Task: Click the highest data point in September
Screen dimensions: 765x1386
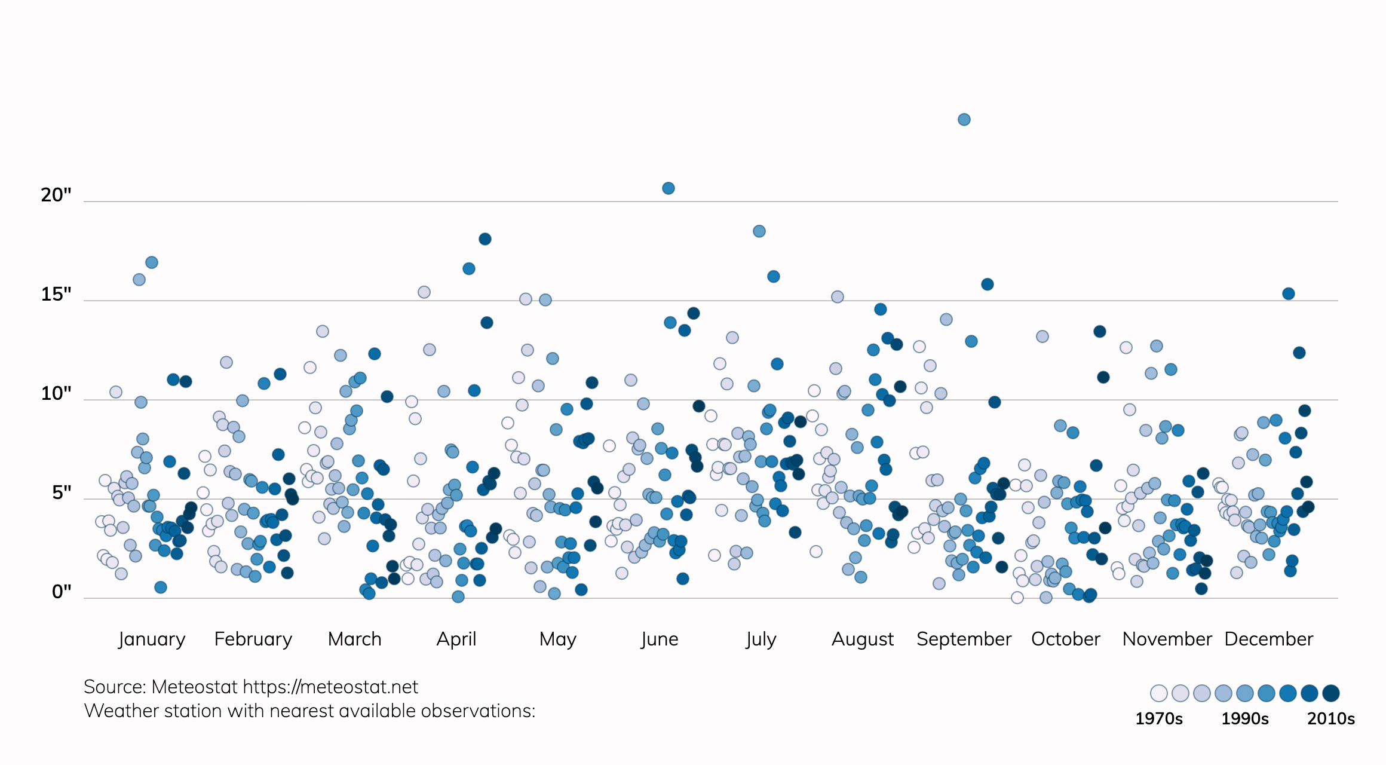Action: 964,120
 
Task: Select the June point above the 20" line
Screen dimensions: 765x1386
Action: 669,188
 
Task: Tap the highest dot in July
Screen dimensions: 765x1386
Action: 759,231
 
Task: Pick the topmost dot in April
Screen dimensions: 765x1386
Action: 485,239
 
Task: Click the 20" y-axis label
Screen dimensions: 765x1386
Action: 56,195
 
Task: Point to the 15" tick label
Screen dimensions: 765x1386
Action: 56,294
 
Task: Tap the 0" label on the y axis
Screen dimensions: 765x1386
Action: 62,592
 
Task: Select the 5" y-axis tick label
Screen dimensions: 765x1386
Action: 62,492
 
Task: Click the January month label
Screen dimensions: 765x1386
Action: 152,639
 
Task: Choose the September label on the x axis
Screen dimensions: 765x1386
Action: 964,639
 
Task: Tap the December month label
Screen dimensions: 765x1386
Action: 1268,639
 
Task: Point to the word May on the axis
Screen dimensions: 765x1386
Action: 557,639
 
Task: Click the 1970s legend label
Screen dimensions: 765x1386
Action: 1158,718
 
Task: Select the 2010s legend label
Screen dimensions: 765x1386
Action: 1330,718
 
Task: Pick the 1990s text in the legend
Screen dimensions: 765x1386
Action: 1244,718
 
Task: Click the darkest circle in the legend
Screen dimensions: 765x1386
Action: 1330,693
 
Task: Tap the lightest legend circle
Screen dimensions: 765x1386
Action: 1158,693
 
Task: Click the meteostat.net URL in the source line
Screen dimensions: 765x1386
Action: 330,687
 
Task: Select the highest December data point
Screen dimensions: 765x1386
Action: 1288,293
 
